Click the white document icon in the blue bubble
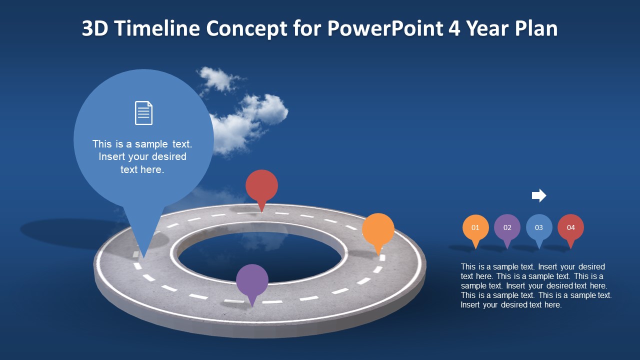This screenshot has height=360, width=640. [143, 112]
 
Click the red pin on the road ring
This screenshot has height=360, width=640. [261, 186]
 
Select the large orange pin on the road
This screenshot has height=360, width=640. [378, 229]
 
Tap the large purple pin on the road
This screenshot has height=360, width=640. [252, 280]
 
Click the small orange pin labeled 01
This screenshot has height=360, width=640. [475, 227]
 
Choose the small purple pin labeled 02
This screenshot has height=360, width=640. [507, 227]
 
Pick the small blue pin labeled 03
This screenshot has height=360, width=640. [539, 227]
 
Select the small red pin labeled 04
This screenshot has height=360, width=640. [570, 227]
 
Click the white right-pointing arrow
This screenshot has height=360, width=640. [539, 195]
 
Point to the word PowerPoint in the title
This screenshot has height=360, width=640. [385, 29]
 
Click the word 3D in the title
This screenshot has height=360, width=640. [94, 29]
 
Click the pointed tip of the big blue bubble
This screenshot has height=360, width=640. [144, 256]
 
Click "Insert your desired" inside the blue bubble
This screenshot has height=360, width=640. [142, 156]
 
